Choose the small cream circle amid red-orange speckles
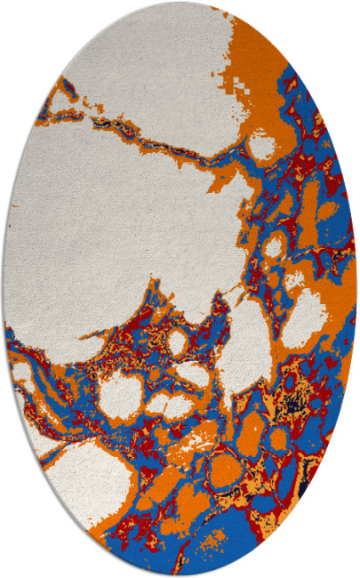point(177,341)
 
